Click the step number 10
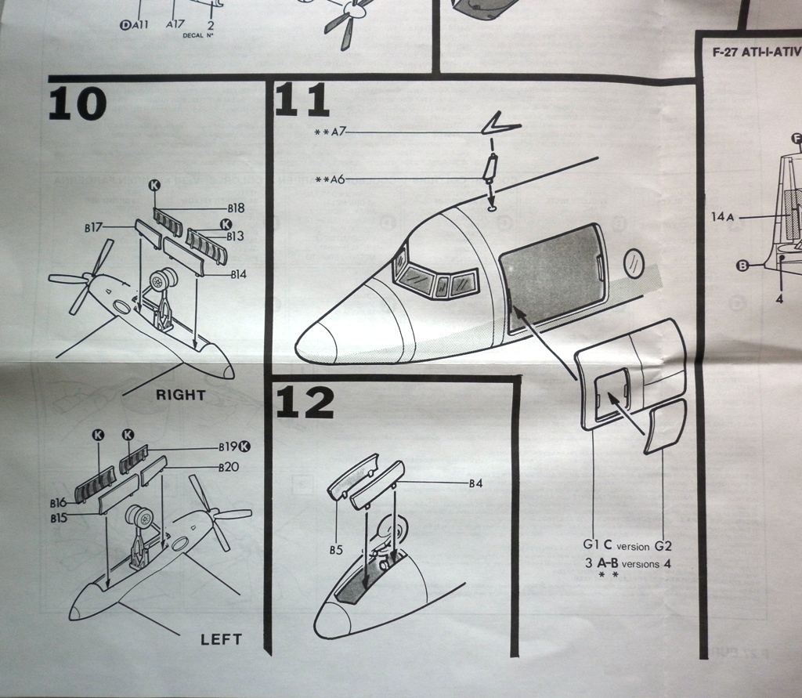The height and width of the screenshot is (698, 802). click(x=77, y=103)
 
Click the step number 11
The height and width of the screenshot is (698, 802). click(x=302, y=101)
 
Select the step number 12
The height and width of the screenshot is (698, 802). click(x=305, y=402)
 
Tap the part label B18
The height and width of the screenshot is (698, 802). click(x=236, y=208)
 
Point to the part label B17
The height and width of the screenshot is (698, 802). click(x=93, y=228)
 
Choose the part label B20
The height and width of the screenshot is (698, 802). click(x=229, y=466)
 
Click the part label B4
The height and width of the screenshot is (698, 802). click(x=475, y=483)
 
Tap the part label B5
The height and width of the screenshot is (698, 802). click(x=336, y=550)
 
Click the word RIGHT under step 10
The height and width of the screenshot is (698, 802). click(x=180, y=395)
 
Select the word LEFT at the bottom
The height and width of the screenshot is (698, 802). click(x=221, y=639)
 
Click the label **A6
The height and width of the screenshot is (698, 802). click(x=330, y=179)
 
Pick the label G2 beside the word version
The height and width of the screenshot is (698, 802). click(x=663, y=545)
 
